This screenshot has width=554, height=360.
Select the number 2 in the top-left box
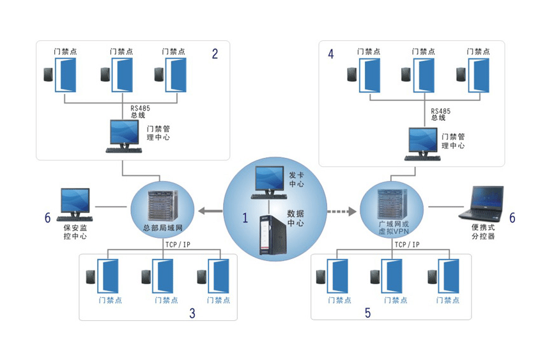[x=215, y=54]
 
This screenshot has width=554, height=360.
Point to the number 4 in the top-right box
[x=330, y=54]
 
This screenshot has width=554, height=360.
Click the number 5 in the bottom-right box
[x=367, y=313]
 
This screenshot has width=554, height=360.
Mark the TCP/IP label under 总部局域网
[x=177, y=245]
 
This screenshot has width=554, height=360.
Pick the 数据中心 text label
[x=295, y=218]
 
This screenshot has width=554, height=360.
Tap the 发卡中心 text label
[x=296, y=179]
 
